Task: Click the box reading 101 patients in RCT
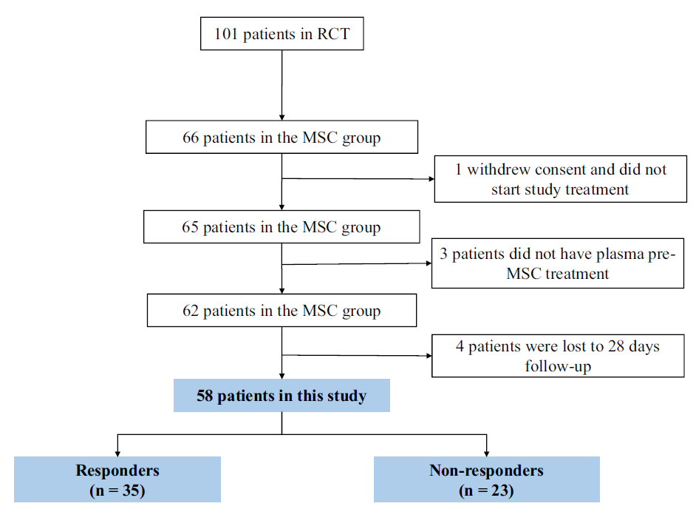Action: pos(282,34)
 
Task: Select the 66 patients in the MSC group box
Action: pos(282,137)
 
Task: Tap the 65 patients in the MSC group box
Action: pos(282,226)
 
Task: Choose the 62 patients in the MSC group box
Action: pos(282,310)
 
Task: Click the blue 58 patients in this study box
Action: pos(282,396)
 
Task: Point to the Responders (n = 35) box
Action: pos(117,479)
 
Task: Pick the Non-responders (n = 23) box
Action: pos(487,479)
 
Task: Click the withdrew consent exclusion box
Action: pos(561,179)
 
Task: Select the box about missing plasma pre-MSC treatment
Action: pos(558,263)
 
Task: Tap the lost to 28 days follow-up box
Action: pos(558,356)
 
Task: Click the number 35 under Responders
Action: pos(132,491)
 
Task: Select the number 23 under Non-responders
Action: pos(500,491)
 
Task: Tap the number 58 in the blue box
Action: pos(205,396)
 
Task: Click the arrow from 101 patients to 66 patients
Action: pos(282,85)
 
